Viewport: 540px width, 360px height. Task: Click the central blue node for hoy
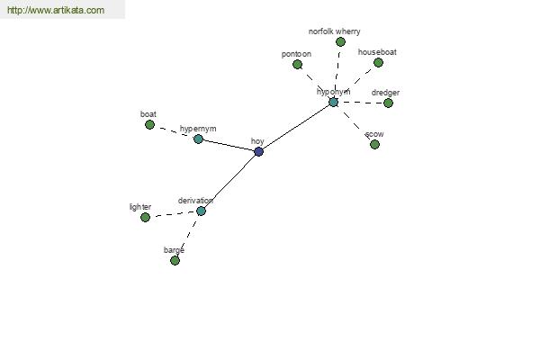[x=258, y=151]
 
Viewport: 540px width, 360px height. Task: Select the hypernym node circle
[x=198, y=139]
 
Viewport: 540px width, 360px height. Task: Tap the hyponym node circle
[x=333, y=102]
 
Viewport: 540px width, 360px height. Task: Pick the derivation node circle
[x=201, y=211]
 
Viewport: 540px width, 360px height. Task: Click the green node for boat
[x=149, y=124]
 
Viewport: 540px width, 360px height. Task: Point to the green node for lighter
[x=145, y=217]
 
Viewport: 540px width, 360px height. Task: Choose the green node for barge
[x=175, y=260]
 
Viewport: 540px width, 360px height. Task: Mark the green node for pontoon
[x=297, y=64]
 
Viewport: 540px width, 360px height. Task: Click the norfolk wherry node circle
[x=340, y=41]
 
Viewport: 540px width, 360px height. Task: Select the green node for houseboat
[x=378, y=62]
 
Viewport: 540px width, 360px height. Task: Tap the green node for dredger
[x=388, y=103]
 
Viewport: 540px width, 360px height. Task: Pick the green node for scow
[x=374, y=144]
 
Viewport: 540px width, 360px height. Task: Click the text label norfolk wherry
[x=334, y=31]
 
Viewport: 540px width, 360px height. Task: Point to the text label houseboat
[x=377, y=52]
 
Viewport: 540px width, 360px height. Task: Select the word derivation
[x=195, y=200]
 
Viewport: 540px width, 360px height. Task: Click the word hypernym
[x=198, y=129]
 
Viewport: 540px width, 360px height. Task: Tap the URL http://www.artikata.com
[x=56, y=11]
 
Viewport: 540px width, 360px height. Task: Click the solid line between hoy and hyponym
[x=296, y=126]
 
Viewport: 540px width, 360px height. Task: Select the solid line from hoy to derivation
[x=229, y=181]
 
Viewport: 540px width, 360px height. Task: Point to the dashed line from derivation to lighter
[x=173, y=214]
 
